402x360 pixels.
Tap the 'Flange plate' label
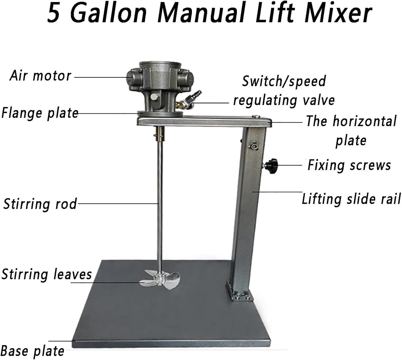(40, 113)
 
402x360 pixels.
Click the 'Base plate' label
(32, 351)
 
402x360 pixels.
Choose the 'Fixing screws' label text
(349, 165)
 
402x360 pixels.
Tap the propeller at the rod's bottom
(160, 279)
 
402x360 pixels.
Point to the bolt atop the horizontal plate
(256, 116)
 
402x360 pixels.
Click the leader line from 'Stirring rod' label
(118, 204)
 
